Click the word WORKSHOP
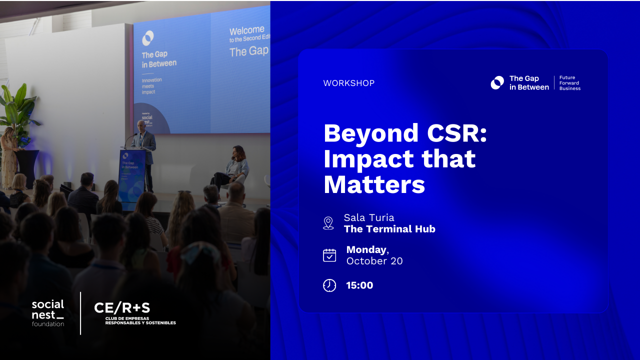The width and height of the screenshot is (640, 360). point(348,83)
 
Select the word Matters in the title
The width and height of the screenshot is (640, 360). point(374,184)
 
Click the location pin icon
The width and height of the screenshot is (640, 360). point(328,223)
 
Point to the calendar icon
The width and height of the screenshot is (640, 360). point(329,255)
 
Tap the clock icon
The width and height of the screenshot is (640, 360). point(329,285)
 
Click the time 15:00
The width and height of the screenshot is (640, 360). point(359,285)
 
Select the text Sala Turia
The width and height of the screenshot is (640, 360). point(369,217)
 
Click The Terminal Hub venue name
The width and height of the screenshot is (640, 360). point(389,229)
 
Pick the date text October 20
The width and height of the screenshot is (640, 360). point(374,261)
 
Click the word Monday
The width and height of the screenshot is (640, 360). point(366,249)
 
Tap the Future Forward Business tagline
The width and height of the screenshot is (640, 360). point(569,83)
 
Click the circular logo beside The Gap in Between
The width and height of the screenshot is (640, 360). point(497,83)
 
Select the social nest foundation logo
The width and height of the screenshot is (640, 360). point(48,313)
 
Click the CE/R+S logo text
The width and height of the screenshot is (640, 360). point(122,308)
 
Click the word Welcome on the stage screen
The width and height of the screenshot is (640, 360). point(246,31)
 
